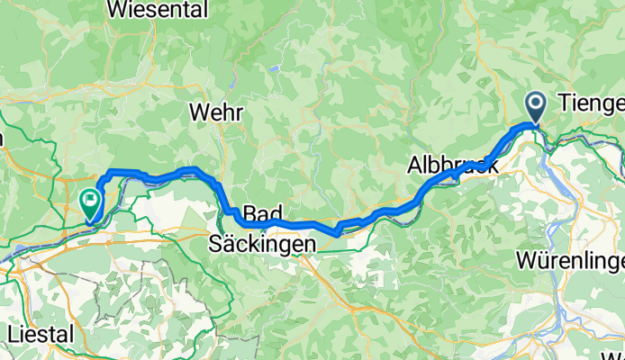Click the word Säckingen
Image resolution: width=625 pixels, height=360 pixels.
pyautogui.click(x=263, y=243)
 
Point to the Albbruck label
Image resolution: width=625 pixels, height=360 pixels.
pyautogui.click(x=451, y=166)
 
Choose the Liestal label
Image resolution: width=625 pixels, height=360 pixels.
pyautogui.click(x=40, y=334)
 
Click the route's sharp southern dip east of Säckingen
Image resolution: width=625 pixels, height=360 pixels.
pyautogui.click(x=335, y=232)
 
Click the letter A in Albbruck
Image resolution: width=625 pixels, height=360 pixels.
pyautogui.click(x=414, y=166)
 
